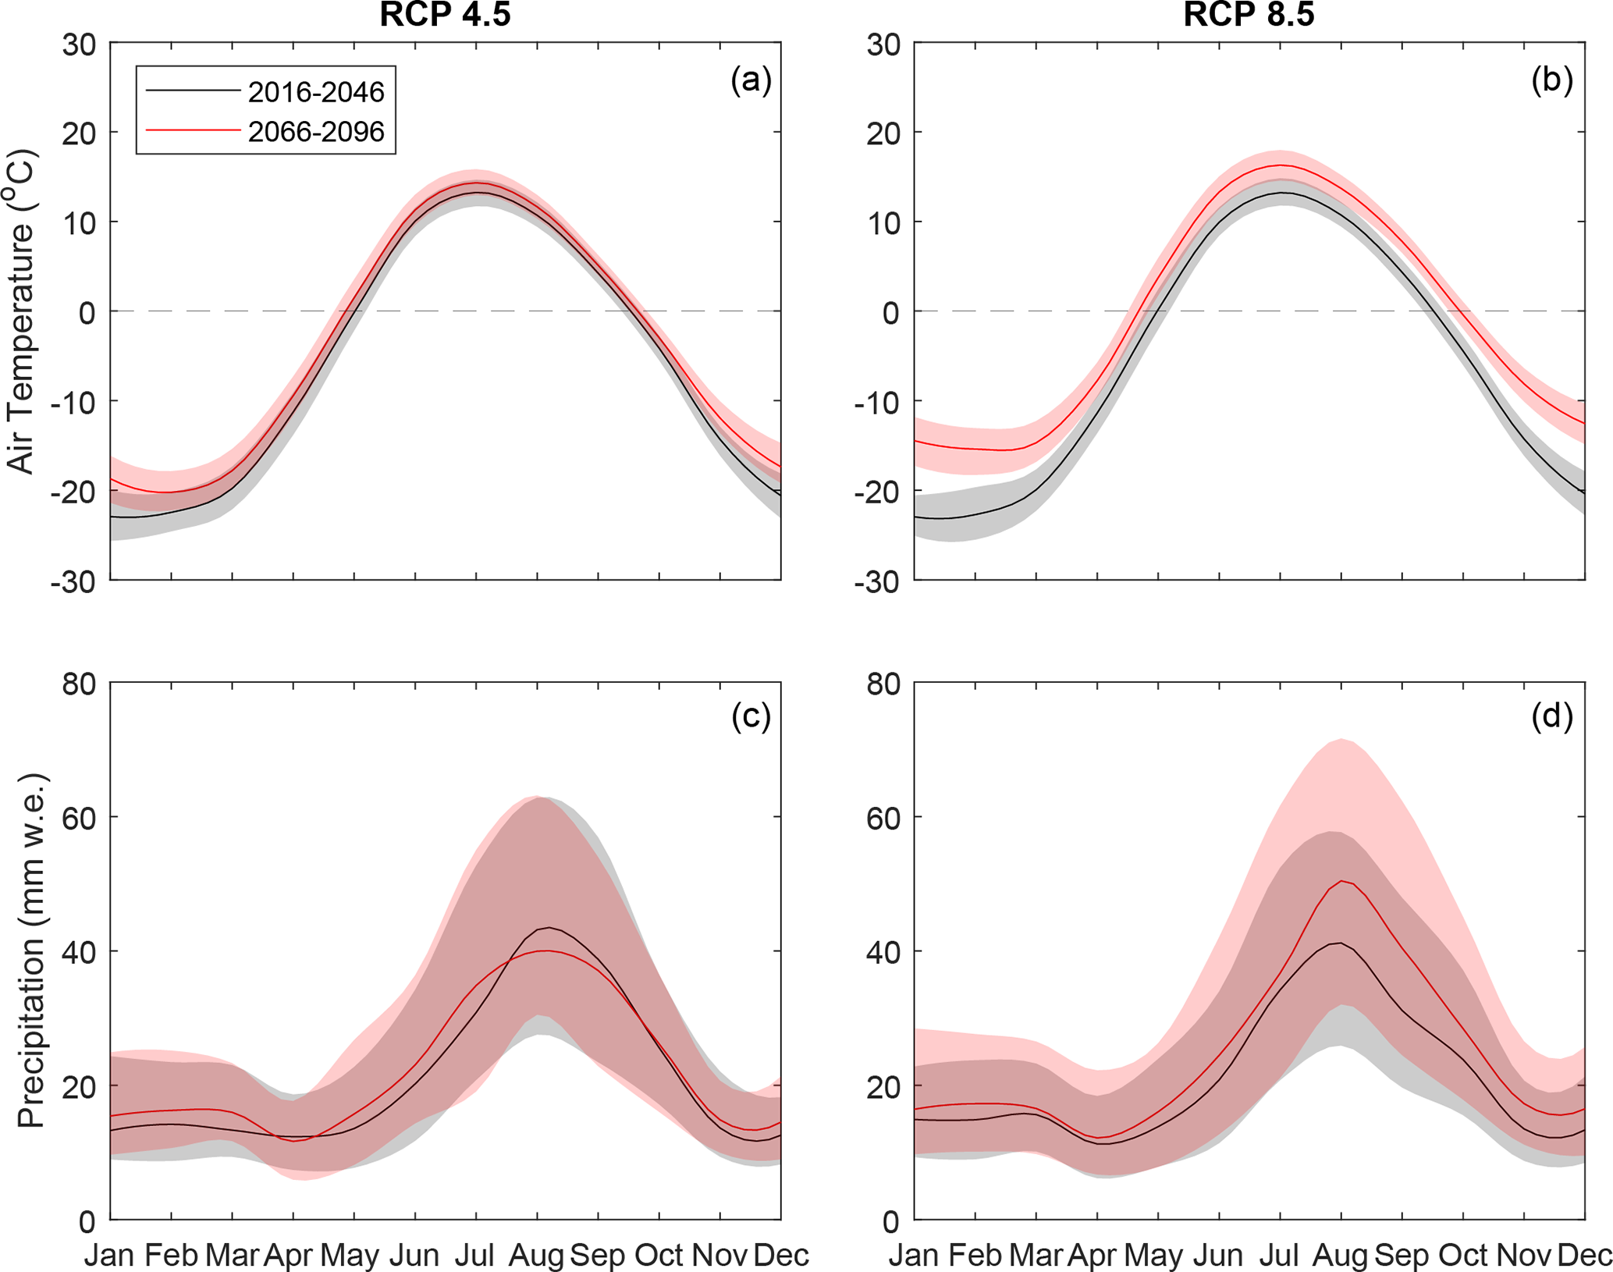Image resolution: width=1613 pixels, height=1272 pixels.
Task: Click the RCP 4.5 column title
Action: tap(445, 15)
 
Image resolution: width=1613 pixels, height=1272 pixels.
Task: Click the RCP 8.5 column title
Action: tap(1249, 15)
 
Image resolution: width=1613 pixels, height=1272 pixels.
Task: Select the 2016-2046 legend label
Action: tap(315, 92)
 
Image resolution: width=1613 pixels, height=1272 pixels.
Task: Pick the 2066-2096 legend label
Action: tap(315, 131)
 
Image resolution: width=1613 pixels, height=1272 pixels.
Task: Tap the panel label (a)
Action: tap(751, 80)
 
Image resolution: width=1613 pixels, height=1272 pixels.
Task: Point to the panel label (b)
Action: tap(1552, 80)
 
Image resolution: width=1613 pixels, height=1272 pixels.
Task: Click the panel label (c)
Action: tap(751, 716)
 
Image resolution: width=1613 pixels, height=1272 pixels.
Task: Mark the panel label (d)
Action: tap(1552, 716)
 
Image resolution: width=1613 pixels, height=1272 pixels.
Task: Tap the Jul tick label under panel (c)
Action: tap(474, 1255)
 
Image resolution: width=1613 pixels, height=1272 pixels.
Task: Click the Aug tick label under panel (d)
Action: tap(1341, 1255)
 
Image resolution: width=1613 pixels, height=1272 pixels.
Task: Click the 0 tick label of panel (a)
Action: tap(86, 312)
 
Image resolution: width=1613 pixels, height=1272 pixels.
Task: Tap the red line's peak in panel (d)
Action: tap(1341, 881)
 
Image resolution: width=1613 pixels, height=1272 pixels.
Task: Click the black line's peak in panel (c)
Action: tap(549, 927)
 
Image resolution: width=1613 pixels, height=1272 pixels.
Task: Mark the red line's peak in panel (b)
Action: tap(1281, 165)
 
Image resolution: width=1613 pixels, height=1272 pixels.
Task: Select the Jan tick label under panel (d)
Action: tap(914, 1255)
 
